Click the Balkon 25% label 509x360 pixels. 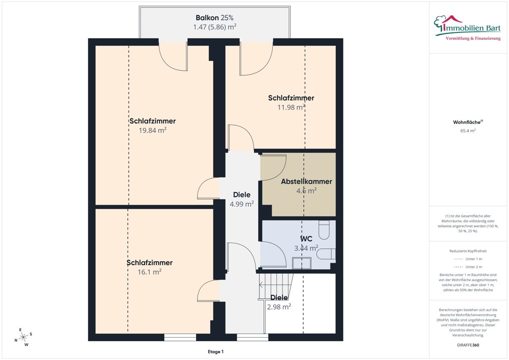[214, 17]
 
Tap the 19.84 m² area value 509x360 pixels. [153, 130]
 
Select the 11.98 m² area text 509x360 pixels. [291, 107]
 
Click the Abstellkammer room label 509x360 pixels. [306, 181]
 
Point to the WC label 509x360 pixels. [306, 239]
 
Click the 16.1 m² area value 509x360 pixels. [150, 272]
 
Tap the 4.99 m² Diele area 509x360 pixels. [241, 204]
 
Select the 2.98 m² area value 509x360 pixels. [279, 307]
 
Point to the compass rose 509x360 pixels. [23, 338]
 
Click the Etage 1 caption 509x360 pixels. [216, 351]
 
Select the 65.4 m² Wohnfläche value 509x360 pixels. [468, 131]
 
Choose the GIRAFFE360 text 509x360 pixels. [468, 345]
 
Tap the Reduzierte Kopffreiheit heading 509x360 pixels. [468, 251]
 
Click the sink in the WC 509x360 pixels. [301, 263]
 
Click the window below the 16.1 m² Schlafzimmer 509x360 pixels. [180, 338]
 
